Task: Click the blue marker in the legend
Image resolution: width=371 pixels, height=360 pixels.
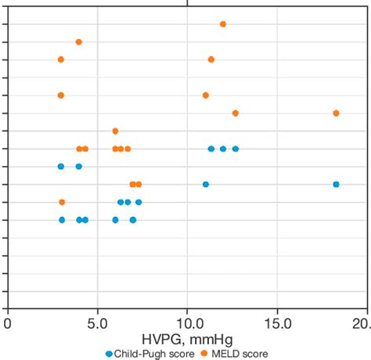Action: tap(109, 353)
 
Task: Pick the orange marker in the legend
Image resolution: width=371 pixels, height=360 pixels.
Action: tap(204, 353)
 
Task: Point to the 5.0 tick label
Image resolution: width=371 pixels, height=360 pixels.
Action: tap(97, 322)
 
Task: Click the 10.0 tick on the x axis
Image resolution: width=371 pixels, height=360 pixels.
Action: tap(188, 322)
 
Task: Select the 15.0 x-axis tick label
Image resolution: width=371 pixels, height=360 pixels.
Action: tap(278, 322)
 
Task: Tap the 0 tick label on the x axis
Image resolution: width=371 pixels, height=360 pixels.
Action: tap(8, 322)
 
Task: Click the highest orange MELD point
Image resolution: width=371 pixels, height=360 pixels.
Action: tap(223, 24)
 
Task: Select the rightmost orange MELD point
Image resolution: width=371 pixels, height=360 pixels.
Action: tap(336, 113)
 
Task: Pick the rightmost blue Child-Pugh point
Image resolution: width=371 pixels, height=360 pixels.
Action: tap(336, 184)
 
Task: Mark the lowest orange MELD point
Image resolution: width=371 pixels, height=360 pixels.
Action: tap(62, 202)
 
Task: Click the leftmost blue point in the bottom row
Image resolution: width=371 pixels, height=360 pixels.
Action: tap(62, 220)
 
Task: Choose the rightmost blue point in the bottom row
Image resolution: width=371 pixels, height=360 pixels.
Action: tap(133, 220)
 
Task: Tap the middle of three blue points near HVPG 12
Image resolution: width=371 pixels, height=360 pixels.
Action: tap(223, 148)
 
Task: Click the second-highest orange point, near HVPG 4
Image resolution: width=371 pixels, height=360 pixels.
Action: tap(78, 41)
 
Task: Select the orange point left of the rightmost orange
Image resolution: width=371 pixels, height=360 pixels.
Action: tap(236, 113)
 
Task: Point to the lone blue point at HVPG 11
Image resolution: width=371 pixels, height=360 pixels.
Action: tap(206, 184)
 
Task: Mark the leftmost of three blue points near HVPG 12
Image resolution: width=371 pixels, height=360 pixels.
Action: tap(211, 148)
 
